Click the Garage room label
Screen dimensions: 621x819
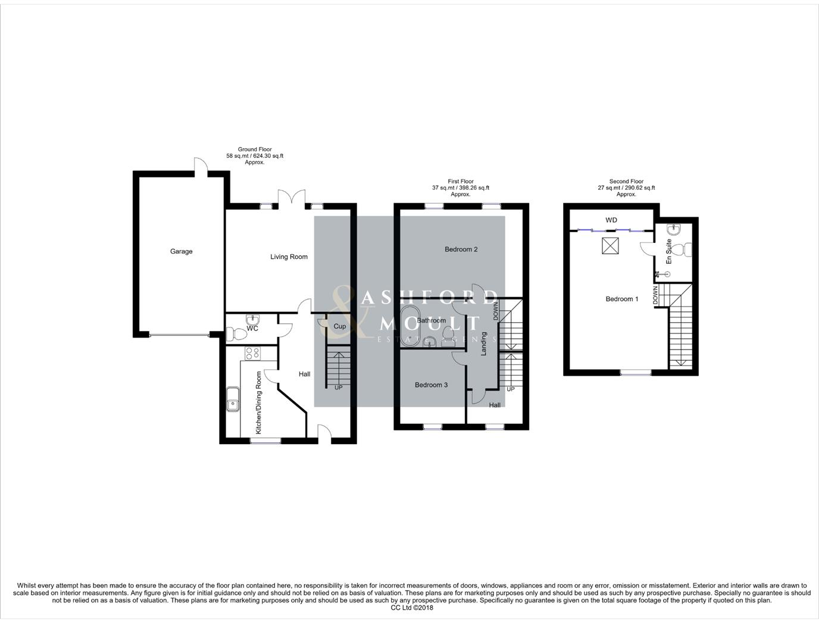point(181,251)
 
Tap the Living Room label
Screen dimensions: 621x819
point(289,257)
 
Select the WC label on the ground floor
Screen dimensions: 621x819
point(252,329)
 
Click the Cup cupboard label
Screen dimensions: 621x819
point(339,326)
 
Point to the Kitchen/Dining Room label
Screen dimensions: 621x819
point(258,402)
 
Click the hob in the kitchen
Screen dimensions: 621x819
point(252,353)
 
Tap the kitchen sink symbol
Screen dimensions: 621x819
point(232,399)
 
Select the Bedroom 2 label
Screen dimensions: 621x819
point(461,249)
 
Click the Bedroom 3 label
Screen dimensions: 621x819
point(431,385)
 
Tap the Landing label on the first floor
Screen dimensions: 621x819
point(484,344)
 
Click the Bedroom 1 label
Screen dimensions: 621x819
point(621,299)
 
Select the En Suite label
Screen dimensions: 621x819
point(668,252)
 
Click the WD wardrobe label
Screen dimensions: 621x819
point(611,220)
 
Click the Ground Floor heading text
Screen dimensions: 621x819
point(255,149)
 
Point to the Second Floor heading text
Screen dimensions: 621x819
point(626,182)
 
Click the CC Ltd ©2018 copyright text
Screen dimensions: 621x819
point(412,608)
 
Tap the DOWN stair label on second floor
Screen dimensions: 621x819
point(655,295)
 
